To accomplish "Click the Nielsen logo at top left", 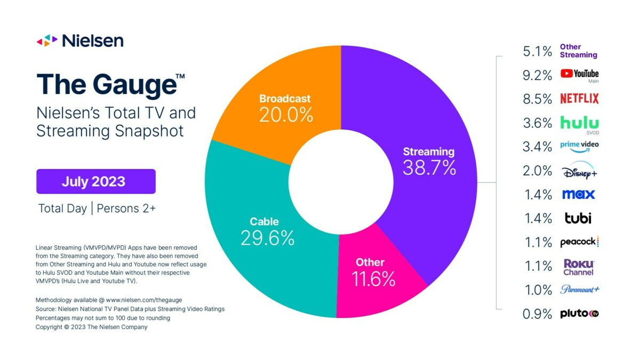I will click(x=80, y=40).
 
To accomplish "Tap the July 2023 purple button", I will click(x=95, y=181).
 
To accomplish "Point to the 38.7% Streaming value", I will click(x=429, y=168).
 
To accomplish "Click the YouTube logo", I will click(x=579, y=75).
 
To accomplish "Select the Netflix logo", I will click(x=579, y=99).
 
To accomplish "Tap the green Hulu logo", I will click(x=579, y=123).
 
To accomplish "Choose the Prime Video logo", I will click(x=579, y=146).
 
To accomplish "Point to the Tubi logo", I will click(x=578, y=218).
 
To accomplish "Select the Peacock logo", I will click(x=579, y=242).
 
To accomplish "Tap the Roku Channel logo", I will click(x=579, y=267).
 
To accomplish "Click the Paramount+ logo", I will click(x=579, y=290).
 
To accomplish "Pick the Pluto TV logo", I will click(x=579, y=314).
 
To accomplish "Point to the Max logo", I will click(x=578, y=194).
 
